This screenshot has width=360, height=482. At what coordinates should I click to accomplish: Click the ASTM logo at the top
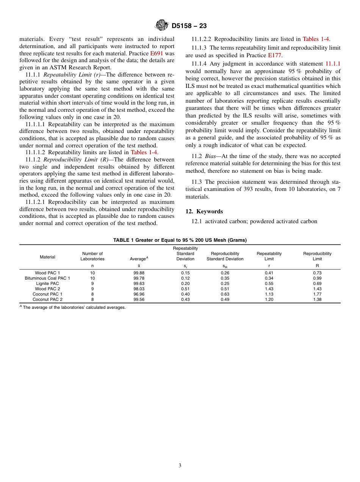coord(162,26)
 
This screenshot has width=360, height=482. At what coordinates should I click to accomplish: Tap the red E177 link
coord(274,55)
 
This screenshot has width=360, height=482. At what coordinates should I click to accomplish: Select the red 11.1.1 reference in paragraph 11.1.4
coord(333,64)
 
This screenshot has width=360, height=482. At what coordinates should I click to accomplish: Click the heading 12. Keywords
coord(204,211)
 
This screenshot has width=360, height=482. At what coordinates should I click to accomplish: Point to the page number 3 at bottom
coord(180,466)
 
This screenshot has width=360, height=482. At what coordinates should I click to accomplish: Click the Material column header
coord(47,257)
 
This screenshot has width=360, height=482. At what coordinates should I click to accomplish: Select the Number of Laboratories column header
coord(92,256)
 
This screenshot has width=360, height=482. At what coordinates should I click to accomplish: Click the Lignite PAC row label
coord(47,283)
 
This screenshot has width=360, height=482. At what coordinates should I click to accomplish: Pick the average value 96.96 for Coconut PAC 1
coord(139,294)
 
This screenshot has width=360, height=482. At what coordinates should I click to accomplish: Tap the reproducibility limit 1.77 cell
coord(317,294)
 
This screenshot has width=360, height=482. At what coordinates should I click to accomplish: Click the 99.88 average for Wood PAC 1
coord(139,273)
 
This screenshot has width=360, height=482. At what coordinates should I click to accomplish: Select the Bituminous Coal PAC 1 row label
coord(47,278)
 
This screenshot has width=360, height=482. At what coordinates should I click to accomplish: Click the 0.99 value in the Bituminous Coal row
coord(317,278)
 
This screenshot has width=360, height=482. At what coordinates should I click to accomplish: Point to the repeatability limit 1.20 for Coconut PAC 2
coord(269,299)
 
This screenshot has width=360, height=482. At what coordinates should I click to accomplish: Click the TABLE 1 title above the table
coord(180,240)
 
